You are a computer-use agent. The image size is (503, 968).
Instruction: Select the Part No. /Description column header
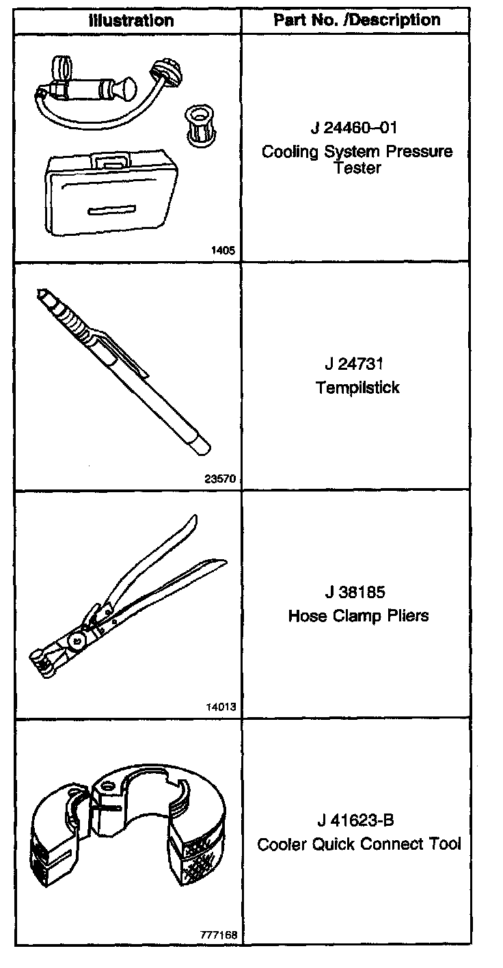click(x=357, y=21)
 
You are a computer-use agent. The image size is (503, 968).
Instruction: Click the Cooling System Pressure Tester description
click(x=357, y=159)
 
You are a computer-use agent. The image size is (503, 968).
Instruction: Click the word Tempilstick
click(x=357, y=388)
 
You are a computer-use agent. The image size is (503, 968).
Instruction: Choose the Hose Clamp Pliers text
click(x=358, y=615)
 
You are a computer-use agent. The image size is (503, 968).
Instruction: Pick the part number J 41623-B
click(x=355, y=820)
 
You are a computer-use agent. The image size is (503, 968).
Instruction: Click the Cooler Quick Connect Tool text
click(x=359, y=844)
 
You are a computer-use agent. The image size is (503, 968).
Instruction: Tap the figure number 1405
click(x=224, y=250)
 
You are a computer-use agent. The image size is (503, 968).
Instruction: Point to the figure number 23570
click(x=220, y=479)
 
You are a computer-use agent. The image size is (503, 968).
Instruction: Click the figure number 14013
click(x=220, y=707)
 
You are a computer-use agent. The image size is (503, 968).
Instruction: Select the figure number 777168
click(x=218, y=935)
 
